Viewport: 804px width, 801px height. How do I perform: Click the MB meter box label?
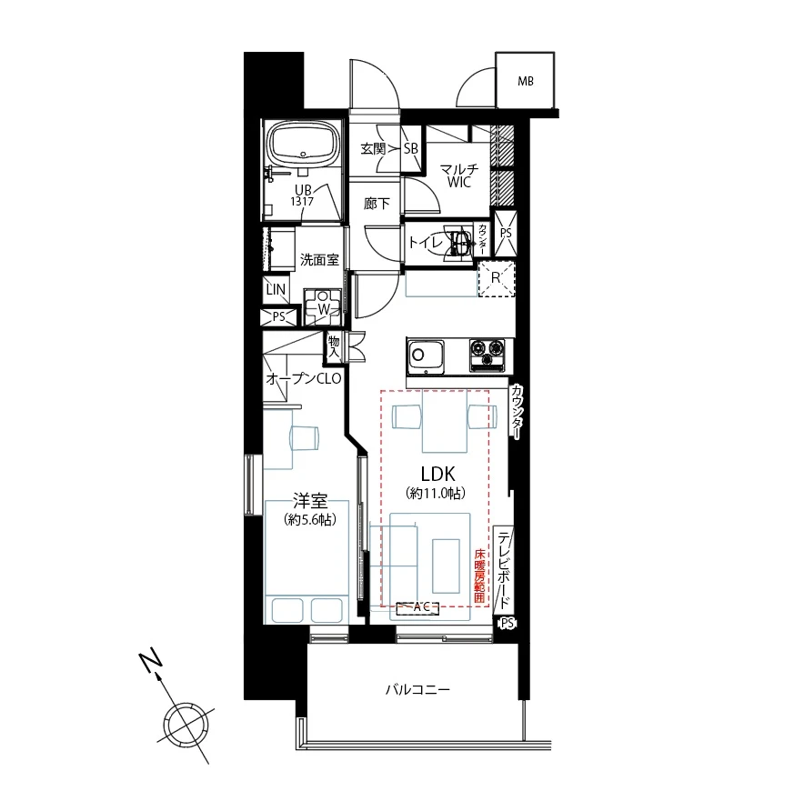[526, 81]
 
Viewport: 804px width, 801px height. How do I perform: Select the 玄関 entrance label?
[373, 149]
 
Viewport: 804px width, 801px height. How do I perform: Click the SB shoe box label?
[411, 148]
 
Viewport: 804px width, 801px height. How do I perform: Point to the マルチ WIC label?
[459, 175]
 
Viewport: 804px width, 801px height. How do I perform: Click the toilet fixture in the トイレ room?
[460, 242]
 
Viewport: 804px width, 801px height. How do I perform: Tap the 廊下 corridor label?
[377, 204]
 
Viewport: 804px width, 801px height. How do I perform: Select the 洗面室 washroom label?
[319, 259]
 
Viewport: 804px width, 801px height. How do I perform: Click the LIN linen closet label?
[276, 289]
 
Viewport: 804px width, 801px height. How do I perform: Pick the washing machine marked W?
[323, 306]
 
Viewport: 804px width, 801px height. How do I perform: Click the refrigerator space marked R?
[496, 278]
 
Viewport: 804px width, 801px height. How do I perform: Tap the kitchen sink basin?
[426, 355]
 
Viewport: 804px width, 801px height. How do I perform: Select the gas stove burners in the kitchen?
[487, 354]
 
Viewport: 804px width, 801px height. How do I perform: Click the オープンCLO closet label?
[304, 379]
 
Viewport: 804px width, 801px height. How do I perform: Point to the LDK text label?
[437, 474]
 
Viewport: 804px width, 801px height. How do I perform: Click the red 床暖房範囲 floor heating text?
[479, 575]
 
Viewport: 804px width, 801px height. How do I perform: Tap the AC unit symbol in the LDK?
[417, 608]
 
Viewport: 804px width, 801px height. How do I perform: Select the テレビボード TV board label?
[505, 569]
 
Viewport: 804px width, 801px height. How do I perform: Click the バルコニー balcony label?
[417, 689]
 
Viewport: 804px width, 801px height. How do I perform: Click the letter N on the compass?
[151, 662]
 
